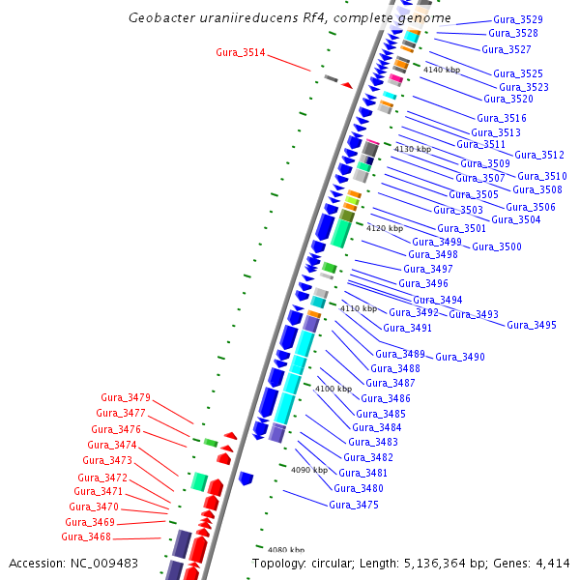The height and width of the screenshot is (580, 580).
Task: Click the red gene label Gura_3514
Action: tap(241, 51)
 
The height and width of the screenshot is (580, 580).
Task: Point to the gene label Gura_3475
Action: tap(354, 505)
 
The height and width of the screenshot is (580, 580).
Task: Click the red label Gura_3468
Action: tap(86, 536)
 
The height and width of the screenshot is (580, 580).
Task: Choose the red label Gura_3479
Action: tap(126, 397)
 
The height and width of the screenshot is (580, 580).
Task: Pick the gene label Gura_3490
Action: tap(459, 357)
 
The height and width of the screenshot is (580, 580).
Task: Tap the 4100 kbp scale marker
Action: tap(333, 389)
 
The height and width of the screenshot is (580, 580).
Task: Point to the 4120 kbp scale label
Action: tap(385, 228)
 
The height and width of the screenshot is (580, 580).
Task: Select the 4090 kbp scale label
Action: tap(309, 470)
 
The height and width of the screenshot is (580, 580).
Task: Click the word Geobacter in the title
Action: tap(160, 18)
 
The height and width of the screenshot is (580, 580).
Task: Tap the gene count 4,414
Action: tap(552, 563)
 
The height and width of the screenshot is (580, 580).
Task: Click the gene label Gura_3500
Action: tap(497, 246)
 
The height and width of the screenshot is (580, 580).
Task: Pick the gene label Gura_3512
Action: tap(539, 155)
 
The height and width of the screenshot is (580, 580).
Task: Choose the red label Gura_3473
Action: tap(106, 460)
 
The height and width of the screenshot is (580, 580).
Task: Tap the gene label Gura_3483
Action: tap(374, 442)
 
